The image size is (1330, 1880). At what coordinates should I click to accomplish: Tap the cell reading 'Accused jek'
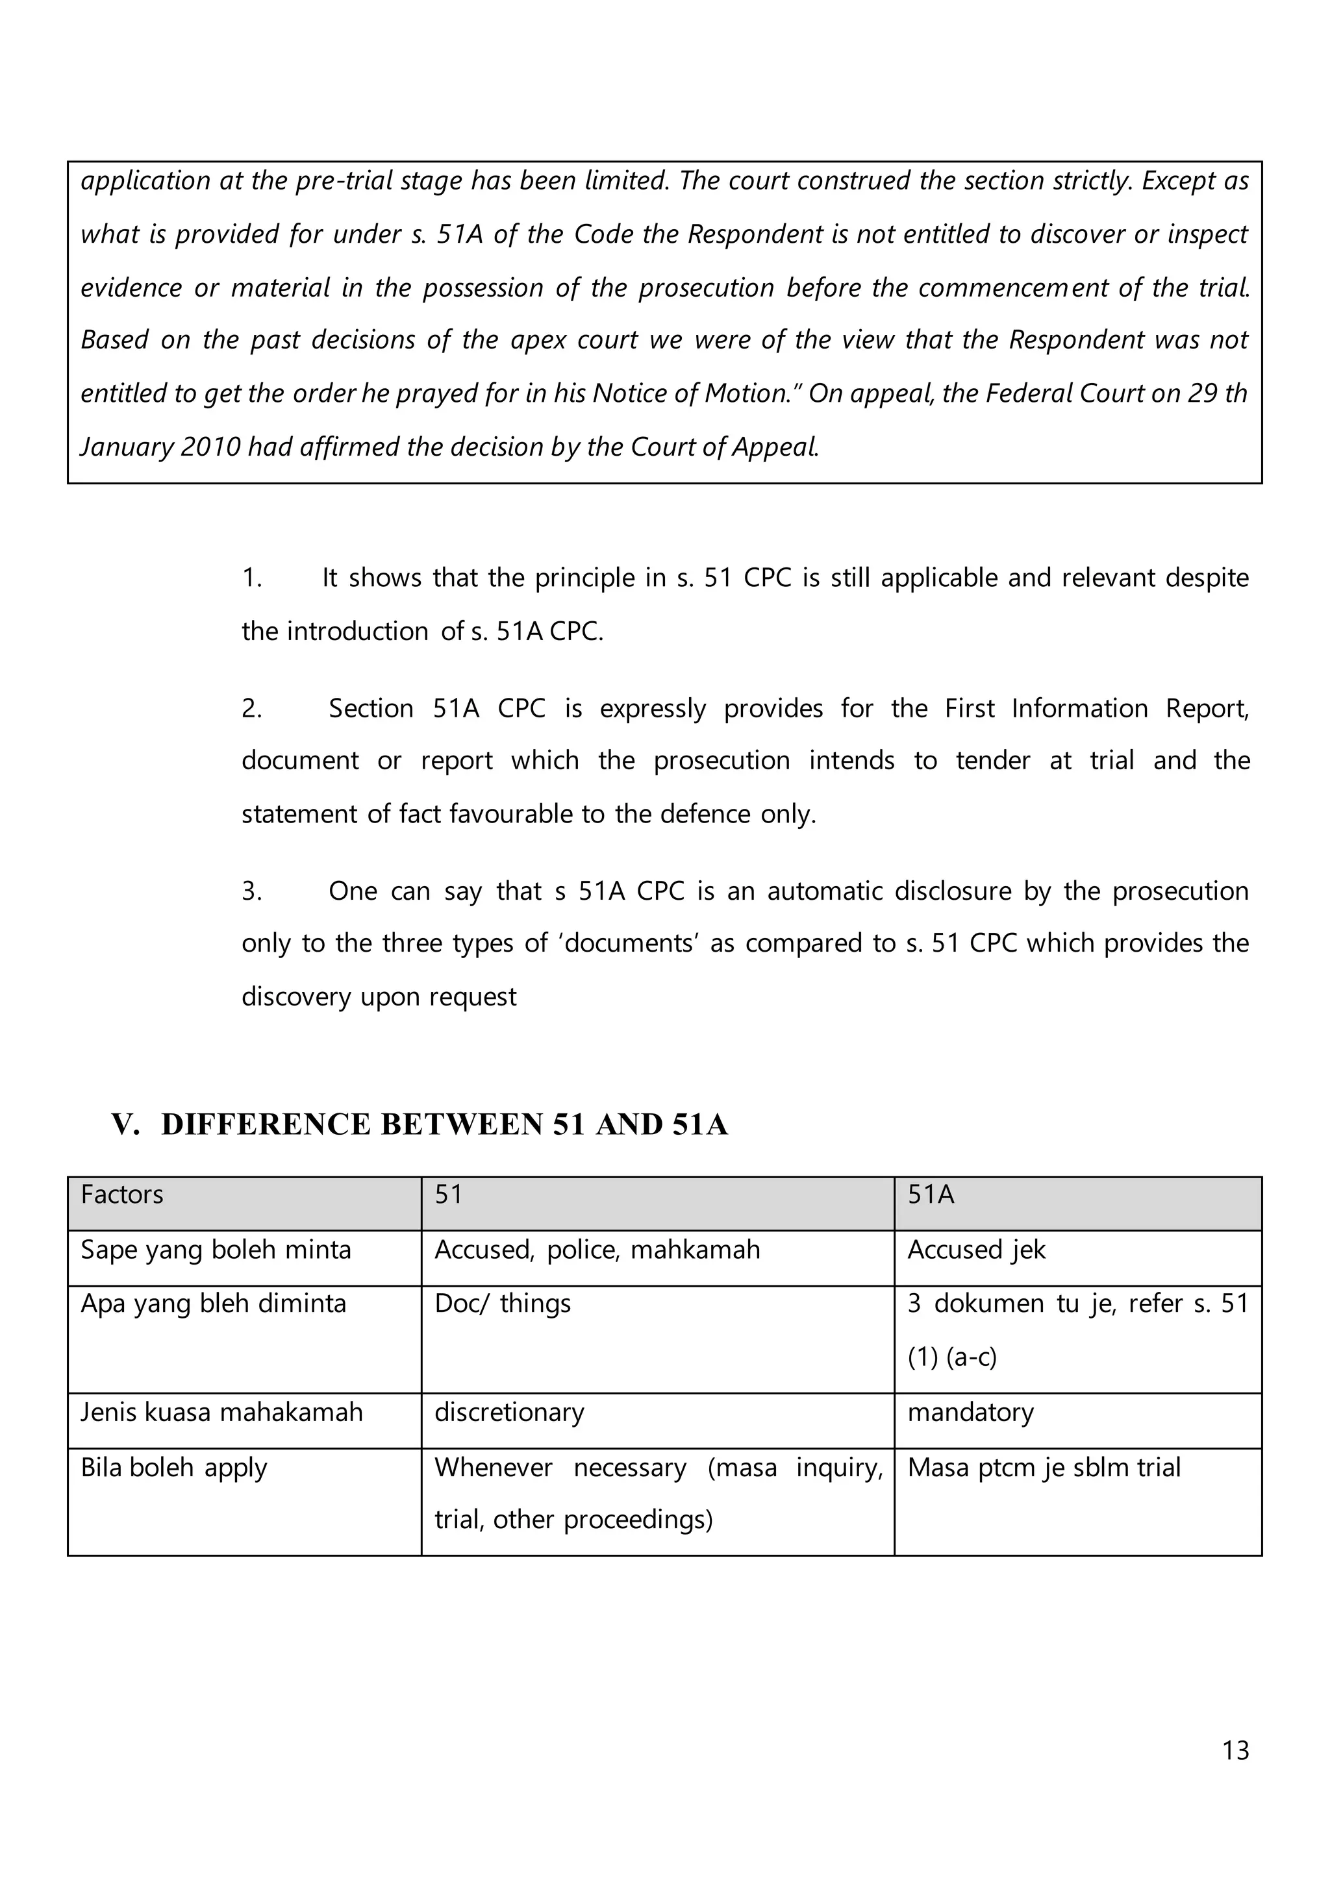pyautogui.click(x=976, y=1250)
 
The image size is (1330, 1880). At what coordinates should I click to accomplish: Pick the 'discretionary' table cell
pyautogui.click(x=508, y=1413)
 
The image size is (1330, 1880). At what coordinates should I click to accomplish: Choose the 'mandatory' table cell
pyautogui.click(x=970, y=1413)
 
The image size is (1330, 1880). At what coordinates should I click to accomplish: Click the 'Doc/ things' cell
pyautogui.click(x=502, y=1304)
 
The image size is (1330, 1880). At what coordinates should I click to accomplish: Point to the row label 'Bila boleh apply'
pyautogui.click(x=173, y=1467)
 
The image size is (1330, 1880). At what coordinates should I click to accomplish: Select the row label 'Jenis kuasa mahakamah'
pyautogui.click(x=221, y=1413)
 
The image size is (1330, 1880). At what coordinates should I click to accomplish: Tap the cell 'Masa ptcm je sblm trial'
pyautogui.click(x=1044, y=1467)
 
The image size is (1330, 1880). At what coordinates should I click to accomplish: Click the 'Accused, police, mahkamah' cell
pyautogui.click(x=597, y=1250)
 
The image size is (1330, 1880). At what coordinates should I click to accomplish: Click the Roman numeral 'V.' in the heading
pyautogui.click(x=125, y=1124)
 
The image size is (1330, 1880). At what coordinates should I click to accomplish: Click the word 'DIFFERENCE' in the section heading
pyautogui.click(x=266, y=1124)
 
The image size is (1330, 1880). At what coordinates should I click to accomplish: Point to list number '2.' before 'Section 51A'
pyautogui.click(x=251, y=708)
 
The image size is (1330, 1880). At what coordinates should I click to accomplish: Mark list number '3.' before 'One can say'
pyautogui.click(x=251, y=891)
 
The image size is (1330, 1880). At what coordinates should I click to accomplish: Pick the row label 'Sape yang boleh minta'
pyautogui.click(x=216, y=1250)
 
